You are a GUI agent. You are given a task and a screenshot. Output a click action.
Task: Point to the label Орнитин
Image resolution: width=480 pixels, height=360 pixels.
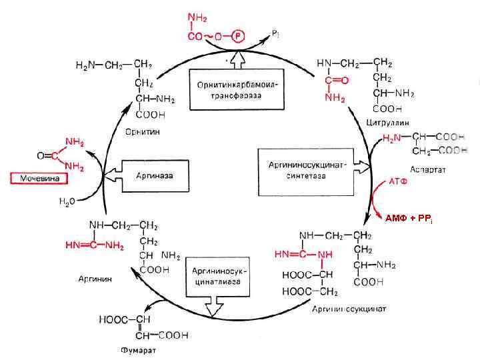point(143,131)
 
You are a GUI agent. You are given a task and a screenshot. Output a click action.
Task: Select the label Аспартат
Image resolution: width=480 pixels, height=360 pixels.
point(428,169)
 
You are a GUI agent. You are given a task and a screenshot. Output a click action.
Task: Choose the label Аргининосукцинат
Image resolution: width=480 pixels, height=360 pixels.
point(349,309)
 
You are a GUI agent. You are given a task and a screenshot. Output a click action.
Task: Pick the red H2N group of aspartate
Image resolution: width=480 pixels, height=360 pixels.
point(392,138)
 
